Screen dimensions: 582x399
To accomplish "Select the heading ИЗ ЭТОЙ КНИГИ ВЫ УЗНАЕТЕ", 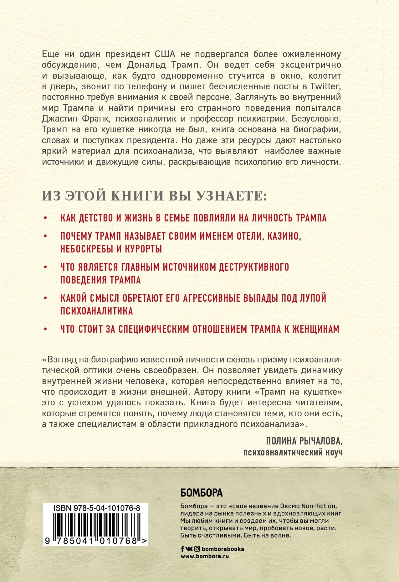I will click(154, 196).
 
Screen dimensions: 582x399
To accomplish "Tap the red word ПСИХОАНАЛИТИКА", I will click(97, 311).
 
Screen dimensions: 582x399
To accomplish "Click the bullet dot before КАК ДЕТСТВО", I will click(46, 218).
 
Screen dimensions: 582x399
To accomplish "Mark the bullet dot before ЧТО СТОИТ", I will click(46, 329).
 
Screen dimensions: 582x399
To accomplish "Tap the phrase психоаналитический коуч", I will click(293, 452).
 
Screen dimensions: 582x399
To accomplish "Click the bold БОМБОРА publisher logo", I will click(202, 493).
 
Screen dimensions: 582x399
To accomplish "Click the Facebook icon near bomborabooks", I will click(182, 549).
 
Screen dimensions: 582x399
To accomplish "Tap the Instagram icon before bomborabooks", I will click(197, 549).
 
